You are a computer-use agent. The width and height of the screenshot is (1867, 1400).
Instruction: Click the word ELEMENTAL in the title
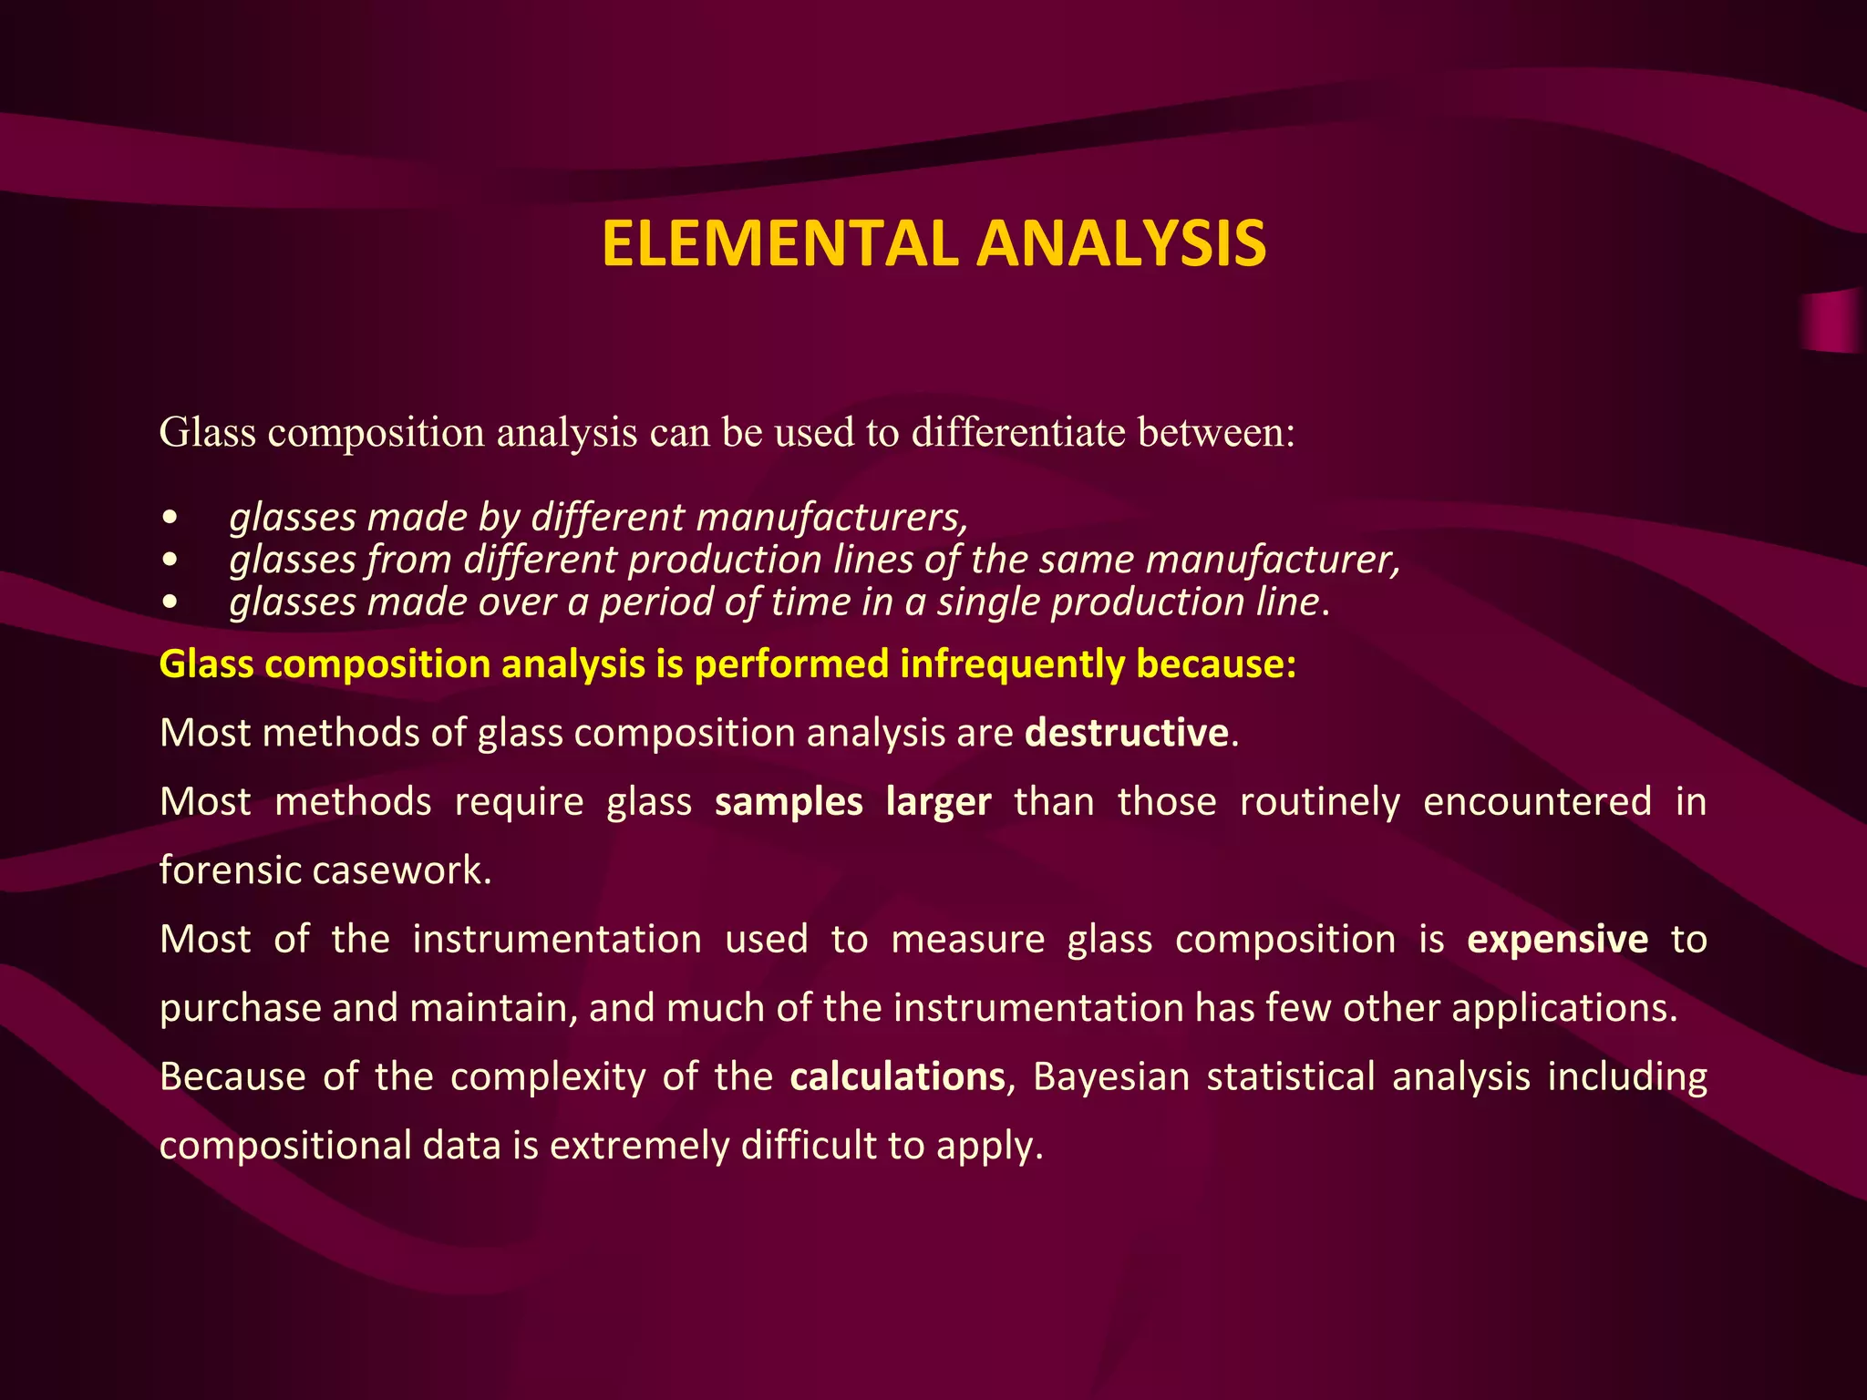coord(780,244)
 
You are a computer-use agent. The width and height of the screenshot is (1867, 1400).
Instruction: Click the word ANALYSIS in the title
coord(1120,244)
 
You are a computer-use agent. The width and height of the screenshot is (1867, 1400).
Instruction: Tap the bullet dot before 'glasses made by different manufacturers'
coord(169,518)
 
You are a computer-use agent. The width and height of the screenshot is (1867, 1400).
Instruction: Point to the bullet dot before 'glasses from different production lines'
coord(169,560)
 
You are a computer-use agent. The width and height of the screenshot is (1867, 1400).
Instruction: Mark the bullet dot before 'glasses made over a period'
coord(169,602)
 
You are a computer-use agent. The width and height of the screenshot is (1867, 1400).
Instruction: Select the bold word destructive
coord(1127,733)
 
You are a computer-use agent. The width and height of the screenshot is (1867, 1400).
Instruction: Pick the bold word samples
coord(789,802)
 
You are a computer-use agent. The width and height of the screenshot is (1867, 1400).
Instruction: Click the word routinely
coord(1319,802)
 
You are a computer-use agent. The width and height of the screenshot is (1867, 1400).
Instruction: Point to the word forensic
coord(230,870)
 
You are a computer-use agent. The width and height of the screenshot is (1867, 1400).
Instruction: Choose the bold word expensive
coord(1557,939)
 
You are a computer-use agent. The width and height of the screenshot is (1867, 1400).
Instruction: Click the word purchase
coord(240,1008)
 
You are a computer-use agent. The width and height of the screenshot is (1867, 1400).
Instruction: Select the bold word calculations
coord(897,1076)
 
